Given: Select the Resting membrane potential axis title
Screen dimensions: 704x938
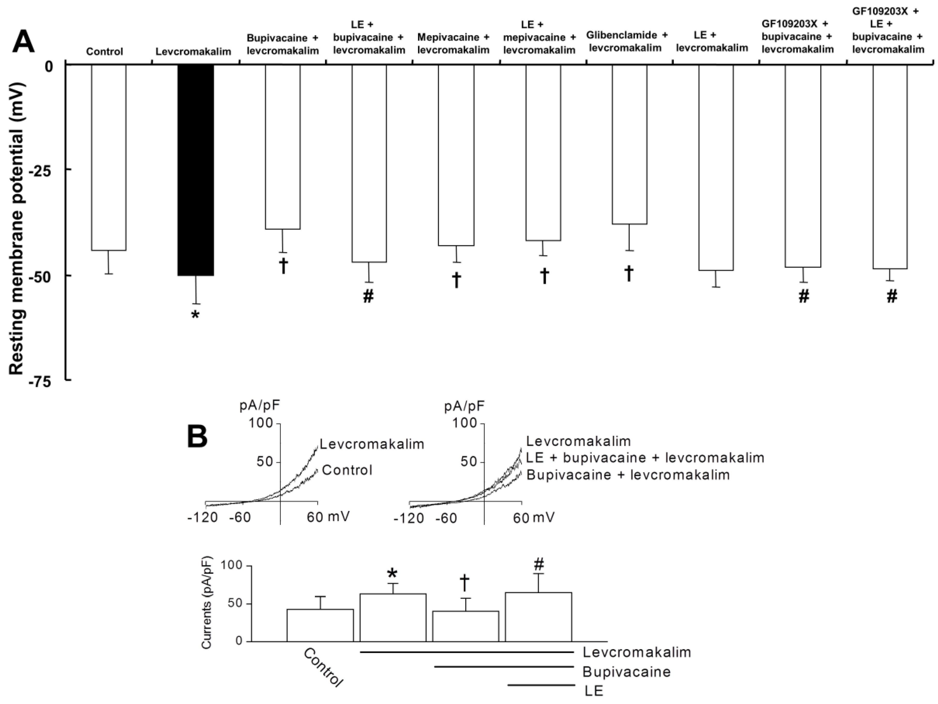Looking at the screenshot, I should coord(17,229).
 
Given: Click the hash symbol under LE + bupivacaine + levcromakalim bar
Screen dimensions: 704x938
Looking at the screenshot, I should coord(368,297).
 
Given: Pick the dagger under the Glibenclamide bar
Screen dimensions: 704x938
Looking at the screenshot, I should coord(629,274).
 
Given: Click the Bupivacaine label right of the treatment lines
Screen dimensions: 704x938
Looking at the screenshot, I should coord(626,672).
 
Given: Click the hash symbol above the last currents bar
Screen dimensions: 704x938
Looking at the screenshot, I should coord(539,564).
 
